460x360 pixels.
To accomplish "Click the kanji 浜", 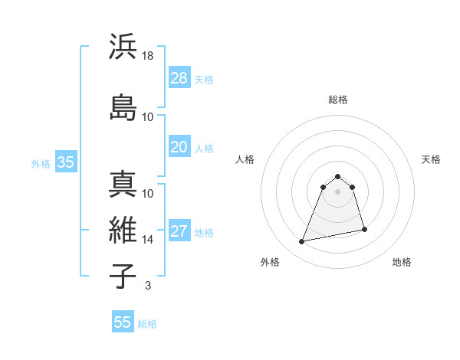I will pos(123,47).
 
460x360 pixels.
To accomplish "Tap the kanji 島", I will pos(123,107).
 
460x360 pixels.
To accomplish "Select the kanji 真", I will pos(123,185).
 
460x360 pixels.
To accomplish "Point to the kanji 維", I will pos(123,230).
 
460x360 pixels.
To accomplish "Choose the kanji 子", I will pos(123,276).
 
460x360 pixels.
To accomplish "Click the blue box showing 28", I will pos(179,78).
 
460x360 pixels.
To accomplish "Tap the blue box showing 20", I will pos(179,147).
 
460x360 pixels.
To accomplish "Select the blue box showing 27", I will pos(179,231).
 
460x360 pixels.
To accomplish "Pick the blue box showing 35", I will pos(65,162).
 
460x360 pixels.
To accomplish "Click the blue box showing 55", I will pos(123,322).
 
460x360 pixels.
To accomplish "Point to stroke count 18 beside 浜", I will pos(149,56).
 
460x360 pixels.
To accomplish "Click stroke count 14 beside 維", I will pos(149,240).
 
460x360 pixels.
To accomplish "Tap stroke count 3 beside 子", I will pos(147,286).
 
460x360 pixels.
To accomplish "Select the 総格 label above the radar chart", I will pos(338,100).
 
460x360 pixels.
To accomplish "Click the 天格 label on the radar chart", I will pos(432,159).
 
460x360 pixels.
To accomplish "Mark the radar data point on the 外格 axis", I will pos(302,242).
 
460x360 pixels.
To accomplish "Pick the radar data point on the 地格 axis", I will pos(364,230).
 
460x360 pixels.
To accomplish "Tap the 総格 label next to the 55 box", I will pos(147,324).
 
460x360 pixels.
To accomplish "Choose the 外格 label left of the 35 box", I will pos(41,163).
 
